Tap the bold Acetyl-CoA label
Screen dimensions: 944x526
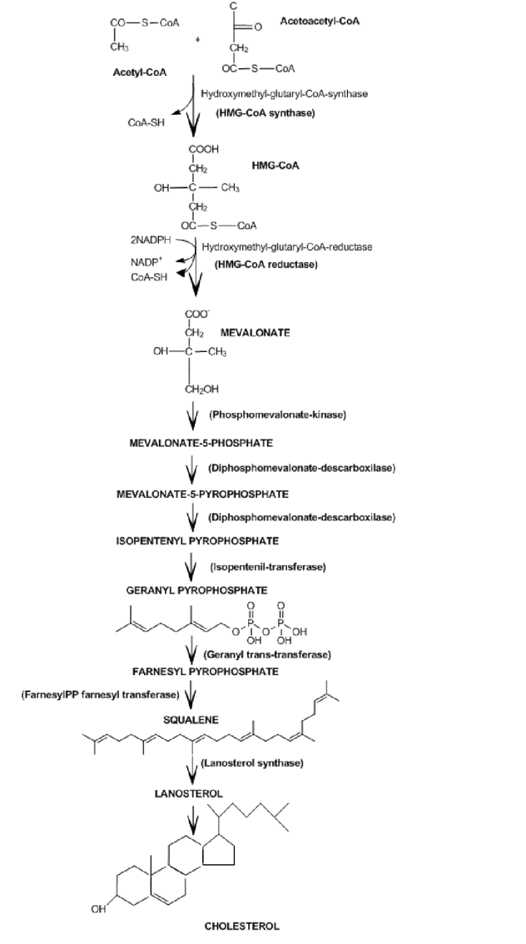click(140, 72)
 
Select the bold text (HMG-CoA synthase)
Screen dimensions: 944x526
click(265, 112)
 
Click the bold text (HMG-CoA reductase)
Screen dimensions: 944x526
click(266, 265)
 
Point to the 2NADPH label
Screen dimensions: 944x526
click(151, 240)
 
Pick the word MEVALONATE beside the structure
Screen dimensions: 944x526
click(255, 332)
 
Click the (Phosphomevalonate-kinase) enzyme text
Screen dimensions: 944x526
click(277, 414)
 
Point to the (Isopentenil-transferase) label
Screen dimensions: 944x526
click(267, 567)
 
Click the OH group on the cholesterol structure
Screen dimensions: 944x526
click(99, 908)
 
